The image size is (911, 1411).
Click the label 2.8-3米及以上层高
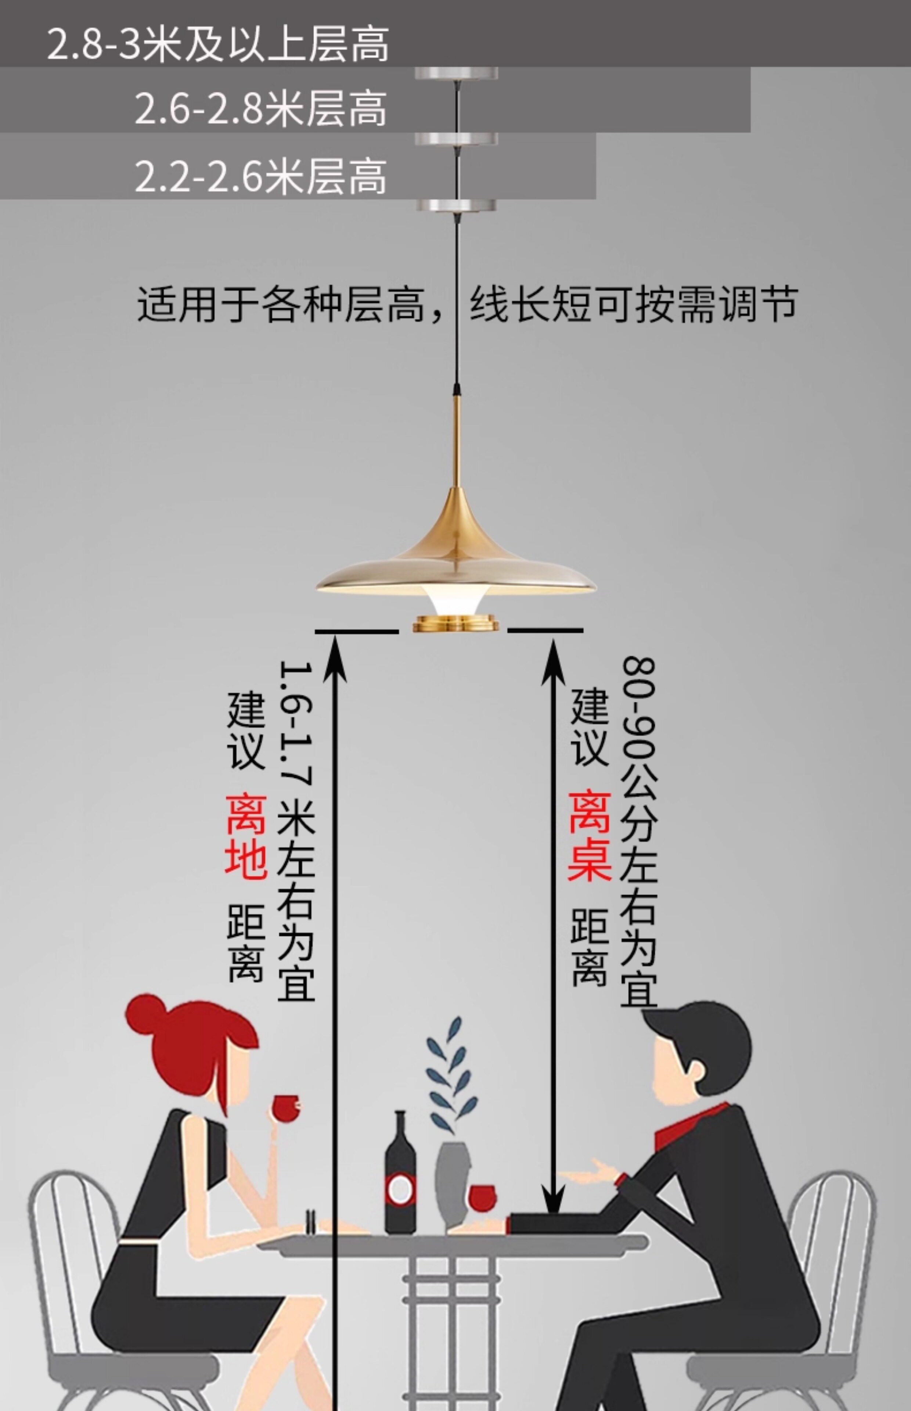[x=218, y=44]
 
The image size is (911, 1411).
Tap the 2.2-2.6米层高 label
[x=260, y=176]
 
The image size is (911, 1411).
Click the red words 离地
[x=245, y=837]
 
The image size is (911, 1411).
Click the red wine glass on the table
[x=482, y=1198]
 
